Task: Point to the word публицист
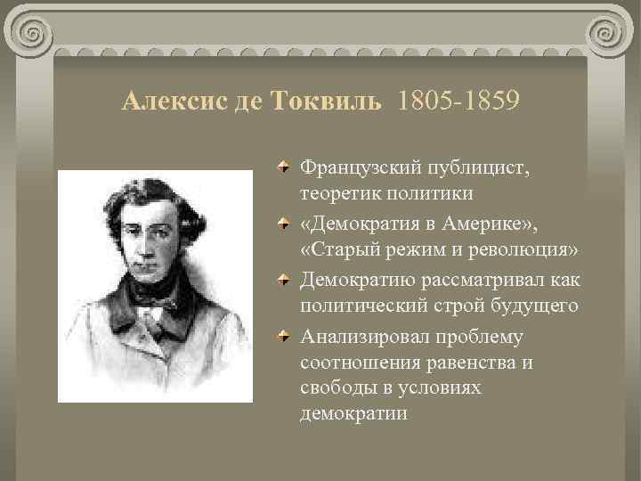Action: pos(483,167)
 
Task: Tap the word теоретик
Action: pos(337,193)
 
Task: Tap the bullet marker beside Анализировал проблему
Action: pos(281,335)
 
